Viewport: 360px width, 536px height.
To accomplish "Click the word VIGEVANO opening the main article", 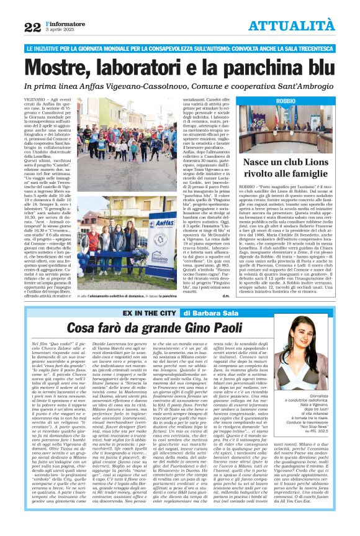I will tap(37, 100).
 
